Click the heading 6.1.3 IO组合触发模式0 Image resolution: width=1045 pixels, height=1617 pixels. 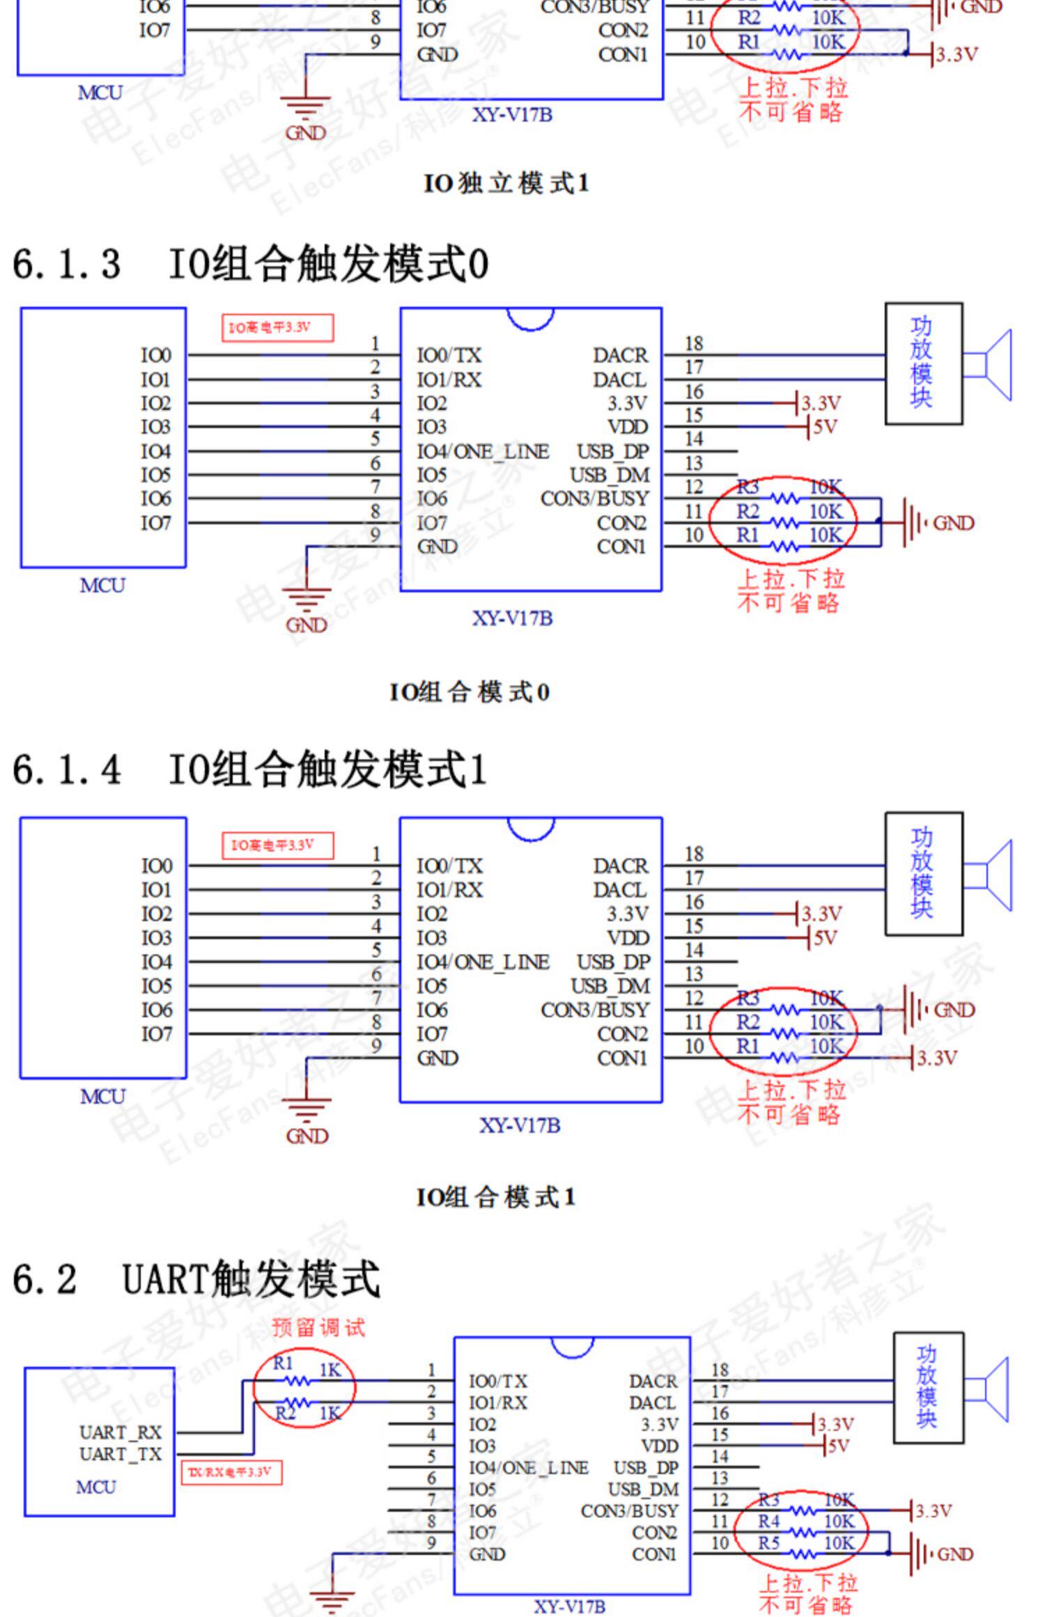(251, 264)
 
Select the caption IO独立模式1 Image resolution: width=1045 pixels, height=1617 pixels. (506, 183)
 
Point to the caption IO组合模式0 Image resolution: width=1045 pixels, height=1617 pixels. (470, 692)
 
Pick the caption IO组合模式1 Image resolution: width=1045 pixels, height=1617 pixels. (496, 1197)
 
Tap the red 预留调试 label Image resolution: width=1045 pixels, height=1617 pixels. (318, 1327)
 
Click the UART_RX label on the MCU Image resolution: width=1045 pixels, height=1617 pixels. (120, 1432)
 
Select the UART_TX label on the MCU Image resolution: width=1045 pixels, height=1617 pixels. (120, 1454)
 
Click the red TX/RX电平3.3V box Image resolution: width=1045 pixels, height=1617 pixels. (231, 1472)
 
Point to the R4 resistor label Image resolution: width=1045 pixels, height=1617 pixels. (768, 1522)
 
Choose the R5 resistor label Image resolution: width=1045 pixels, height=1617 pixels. (768, 1543)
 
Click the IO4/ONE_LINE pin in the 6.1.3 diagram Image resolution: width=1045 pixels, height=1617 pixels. (483, 451)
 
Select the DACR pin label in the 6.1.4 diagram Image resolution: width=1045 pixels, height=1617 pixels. (620, 866)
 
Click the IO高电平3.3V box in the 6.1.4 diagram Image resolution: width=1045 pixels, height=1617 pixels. (277, 845)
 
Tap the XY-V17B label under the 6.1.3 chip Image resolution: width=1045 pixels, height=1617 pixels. (513, 618)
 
